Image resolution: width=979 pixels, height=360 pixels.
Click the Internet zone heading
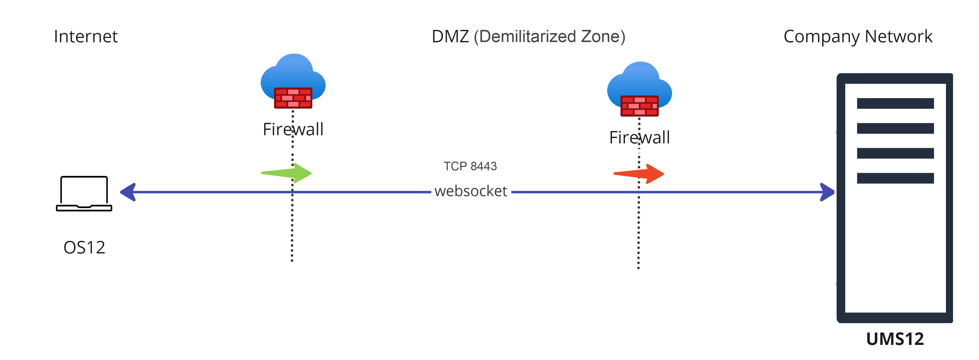pos(86,37)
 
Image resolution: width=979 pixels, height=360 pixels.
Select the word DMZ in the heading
pos(450,37)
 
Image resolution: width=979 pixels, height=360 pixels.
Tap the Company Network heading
pos(858,37)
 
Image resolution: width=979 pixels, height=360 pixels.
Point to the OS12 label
pos(84,247)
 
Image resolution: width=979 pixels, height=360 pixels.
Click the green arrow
pos(287,173)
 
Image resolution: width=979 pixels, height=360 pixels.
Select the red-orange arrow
pos(639,174)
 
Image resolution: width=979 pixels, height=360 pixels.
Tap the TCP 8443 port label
pos(470,166)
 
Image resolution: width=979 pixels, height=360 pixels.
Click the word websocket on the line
pos(470,191)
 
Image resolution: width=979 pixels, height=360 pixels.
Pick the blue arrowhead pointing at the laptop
pos(129,192)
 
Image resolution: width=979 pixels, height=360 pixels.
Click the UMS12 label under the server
pos(895,339)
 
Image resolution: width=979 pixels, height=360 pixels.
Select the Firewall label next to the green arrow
pos(293,129)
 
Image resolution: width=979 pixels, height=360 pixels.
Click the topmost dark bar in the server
pos(895,103)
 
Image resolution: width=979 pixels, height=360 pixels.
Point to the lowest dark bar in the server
pos(895,178)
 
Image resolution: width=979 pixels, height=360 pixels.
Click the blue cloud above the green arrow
pos(293,72)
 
